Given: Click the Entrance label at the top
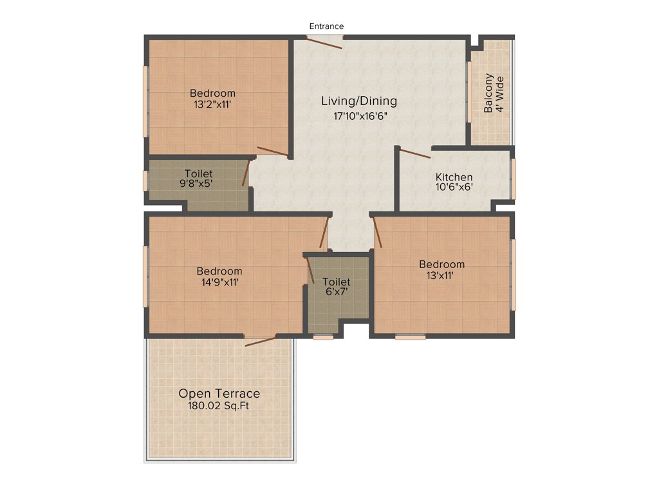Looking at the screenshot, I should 326,26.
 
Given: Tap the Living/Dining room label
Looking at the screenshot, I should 359,101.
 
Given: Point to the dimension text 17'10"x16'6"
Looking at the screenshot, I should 359,117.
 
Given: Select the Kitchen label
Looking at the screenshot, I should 454,177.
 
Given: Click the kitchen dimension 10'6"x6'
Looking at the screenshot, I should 454,188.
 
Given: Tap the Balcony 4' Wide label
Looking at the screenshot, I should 494,93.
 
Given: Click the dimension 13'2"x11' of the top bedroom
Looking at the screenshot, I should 212,104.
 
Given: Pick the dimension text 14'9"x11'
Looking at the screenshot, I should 219,282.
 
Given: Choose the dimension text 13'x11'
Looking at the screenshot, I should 441,275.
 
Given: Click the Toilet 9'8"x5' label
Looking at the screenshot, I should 198,179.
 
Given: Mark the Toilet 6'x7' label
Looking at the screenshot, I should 336,287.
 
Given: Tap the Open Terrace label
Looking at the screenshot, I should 219,393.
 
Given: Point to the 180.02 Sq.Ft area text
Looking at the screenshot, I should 219,406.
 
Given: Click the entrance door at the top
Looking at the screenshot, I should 324,42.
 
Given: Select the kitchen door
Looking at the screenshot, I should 415,153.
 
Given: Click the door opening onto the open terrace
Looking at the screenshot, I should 261,340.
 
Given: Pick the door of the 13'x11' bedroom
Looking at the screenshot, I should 378,233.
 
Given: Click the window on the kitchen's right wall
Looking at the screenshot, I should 513,179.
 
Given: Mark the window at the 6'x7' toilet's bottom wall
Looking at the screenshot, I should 323,336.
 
